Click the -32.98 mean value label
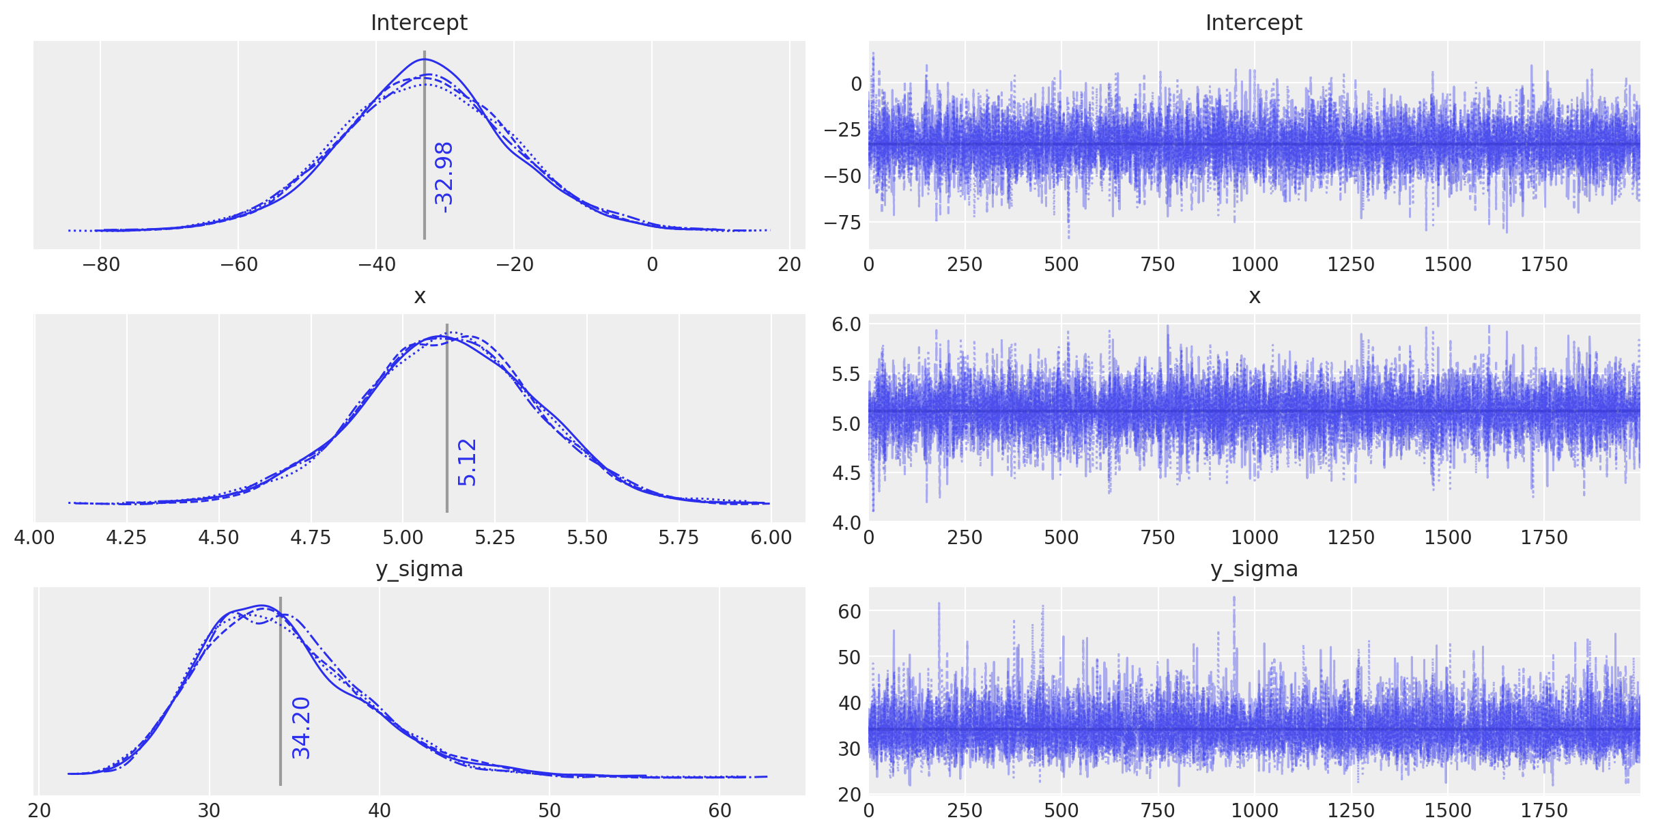coord(444,177)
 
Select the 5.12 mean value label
coord(467,462)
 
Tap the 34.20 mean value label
coord(301,728)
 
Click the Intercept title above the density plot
coord(418,23)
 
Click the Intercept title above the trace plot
coord(1253,23)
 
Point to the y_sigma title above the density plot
coord(418,569)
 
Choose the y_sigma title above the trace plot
coord(1253,569)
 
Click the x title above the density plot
coord(419,296)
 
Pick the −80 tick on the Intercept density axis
coord(100,264)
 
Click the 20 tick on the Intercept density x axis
coord(789,264)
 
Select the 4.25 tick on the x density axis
coord(126,537)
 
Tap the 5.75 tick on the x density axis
coord(679,537)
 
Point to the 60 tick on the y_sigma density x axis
coord(719,810)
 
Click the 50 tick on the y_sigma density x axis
coord(550,810)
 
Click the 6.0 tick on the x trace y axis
coord(846,324)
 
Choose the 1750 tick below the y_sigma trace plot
coord(1543,810)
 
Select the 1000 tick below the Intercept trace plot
coord(1254,264)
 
